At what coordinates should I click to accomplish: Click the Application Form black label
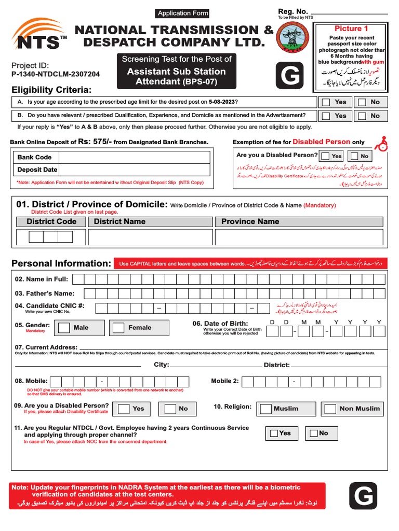(x=183, y=13)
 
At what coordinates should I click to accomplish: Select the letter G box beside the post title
(x=290, y=77)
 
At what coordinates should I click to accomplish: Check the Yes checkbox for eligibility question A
(x=326, y=102)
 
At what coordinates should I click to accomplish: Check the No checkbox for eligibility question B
(x=361, y=116)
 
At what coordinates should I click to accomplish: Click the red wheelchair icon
(x=383, y=144)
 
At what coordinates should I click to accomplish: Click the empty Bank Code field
(x=134, y=157)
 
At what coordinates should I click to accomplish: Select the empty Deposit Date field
(x=134, y=170)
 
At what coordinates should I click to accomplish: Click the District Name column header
(x=120, y=221)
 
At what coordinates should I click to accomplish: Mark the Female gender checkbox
(x=119, y=328)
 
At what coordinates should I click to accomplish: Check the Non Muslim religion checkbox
(x=329, y=409)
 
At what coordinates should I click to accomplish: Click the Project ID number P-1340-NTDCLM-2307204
(x=56, y=74)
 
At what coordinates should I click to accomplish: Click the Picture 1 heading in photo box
(x=351, y=29)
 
